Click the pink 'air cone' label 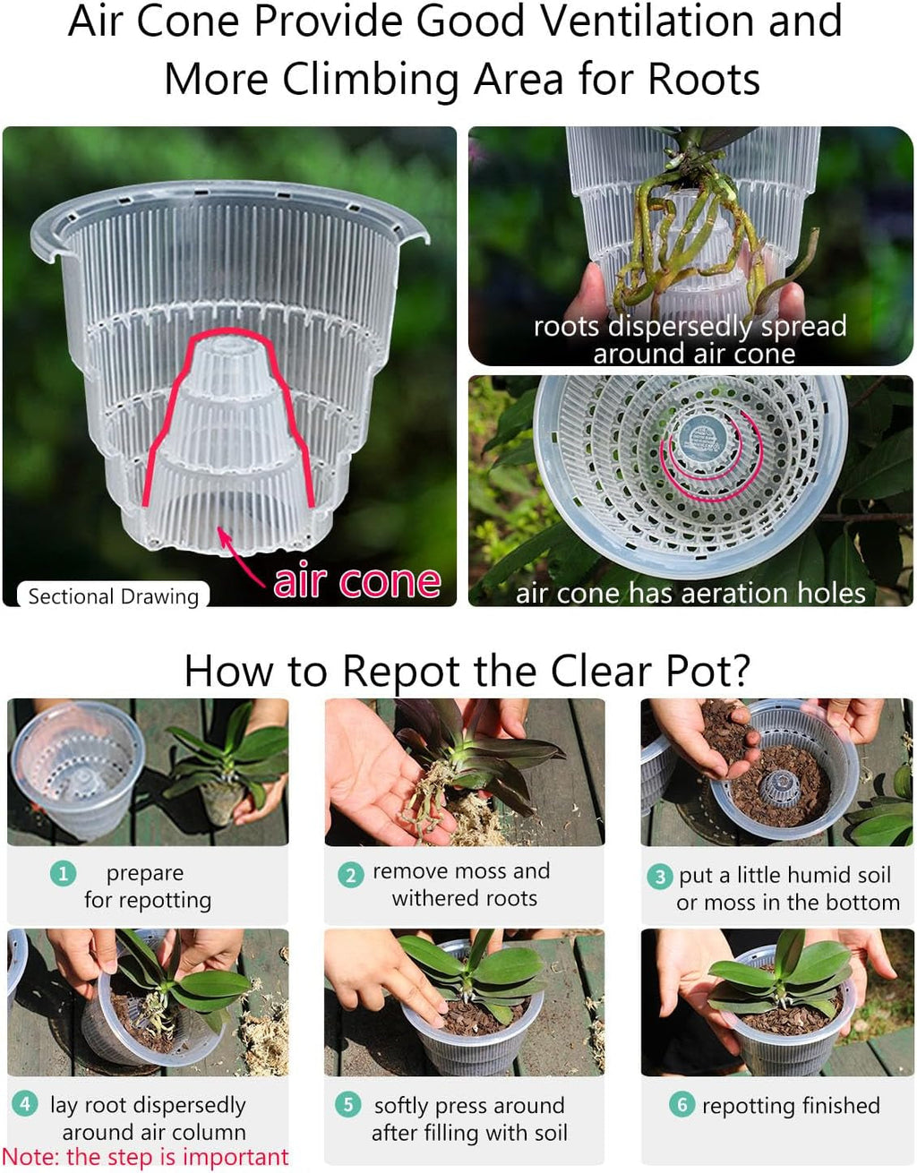coord(356,582)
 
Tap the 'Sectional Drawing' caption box coord(113,596)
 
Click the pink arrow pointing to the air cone coord(240,556)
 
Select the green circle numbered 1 coord(63,872)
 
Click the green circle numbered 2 coord(350,875)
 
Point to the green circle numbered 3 coord(659,877)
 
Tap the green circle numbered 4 coord(25,1103)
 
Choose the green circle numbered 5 coord(347,1104)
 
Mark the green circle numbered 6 coord(681,1104)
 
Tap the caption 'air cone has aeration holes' coord(690,593)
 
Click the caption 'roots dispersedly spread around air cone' coord(690,339)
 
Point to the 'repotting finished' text coord(791,1106)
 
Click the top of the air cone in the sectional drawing coord(229,345)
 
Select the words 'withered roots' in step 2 coord(465,898)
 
